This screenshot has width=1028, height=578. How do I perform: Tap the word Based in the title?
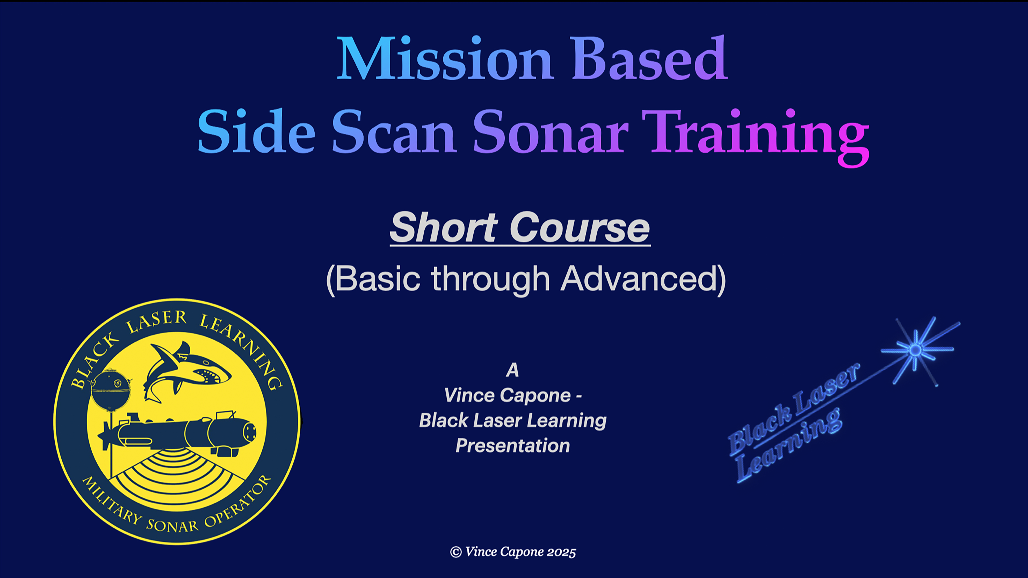(x=649, y=59)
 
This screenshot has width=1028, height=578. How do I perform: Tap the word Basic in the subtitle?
(x=378, y=279)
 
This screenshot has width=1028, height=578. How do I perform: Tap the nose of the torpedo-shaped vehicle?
(x=250, y=431)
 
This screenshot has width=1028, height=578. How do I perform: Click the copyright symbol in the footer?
(x=456, y=552)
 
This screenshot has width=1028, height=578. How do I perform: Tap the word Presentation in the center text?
(x=513, y=446)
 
